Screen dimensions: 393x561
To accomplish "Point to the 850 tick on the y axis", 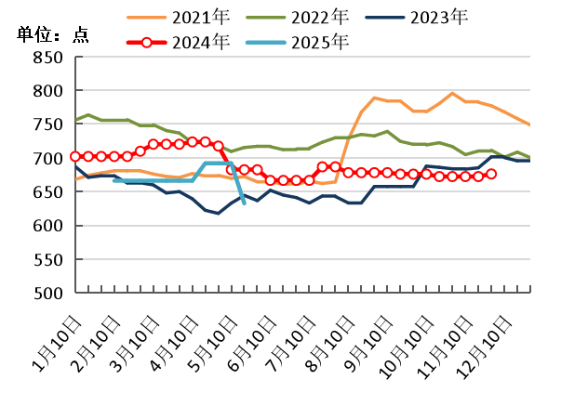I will tap(48, 58).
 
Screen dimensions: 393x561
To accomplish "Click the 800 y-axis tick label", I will tap(48, 91).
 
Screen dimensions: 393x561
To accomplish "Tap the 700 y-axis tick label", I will tap(48, 159).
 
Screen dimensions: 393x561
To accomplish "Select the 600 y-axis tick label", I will tap(48, 226).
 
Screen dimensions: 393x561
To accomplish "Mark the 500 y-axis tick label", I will tap(48, 294).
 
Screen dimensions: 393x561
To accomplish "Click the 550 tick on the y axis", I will tap(48, 260).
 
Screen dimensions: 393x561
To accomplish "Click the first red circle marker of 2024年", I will tap(75, 156).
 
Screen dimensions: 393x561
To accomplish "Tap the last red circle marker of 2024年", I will tap(491, 174).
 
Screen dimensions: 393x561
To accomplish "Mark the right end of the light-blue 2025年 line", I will tap(244, 203).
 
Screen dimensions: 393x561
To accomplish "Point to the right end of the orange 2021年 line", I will tap(529, 124).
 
